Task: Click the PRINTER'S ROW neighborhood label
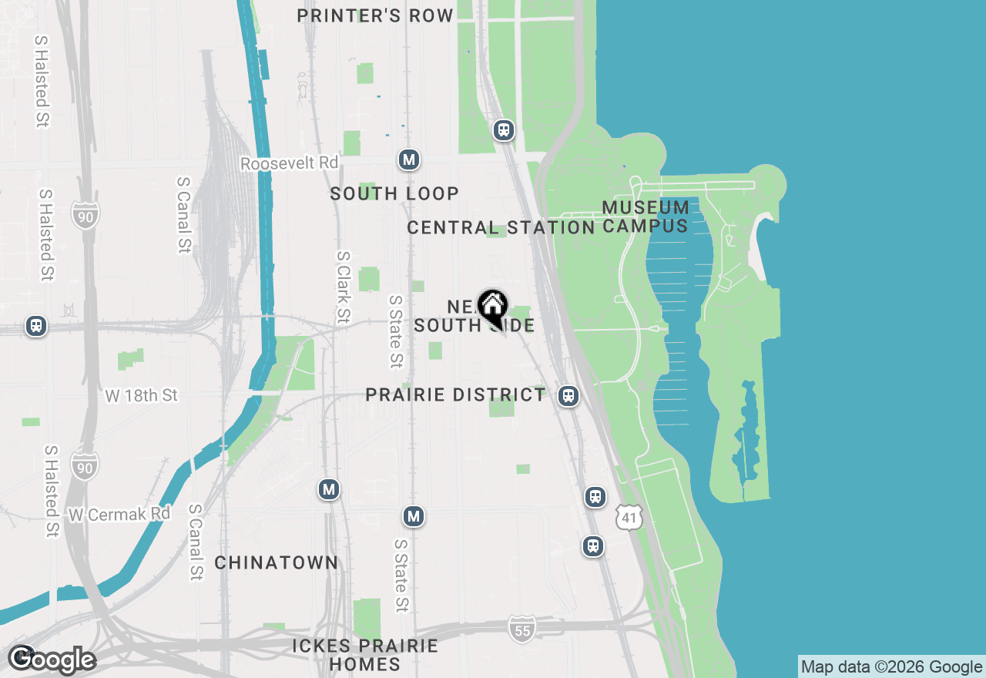point(375,16)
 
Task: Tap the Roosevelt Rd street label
point(289,163)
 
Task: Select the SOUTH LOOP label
point(394,193)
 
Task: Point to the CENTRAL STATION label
point(501,228)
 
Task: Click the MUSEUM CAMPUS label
point(646,216)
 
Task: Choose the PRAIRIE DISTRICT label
point(455,395)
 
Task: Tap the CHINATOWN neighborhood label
point(276,563)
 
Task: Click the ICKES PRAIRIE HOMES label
point(365,654)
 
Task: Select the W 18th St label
point(142,395)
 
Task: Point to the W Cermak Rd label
point(119,514)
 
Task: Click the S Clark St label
point(344,287)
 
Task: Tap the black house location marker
point(492,307)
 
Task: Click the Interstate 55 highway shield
point(522,629)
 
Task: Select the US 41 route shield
point(629,518)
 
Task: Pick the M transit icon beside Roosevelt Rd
point(408,159)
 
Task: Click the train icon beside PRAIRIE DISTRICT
point(568,396)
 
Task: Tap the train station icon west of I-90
point(35,326)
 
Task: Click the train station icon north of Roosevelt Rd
point(504,130)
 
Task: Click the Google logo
point(52,660)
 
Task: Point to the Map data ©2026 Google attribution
point(891,666)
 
